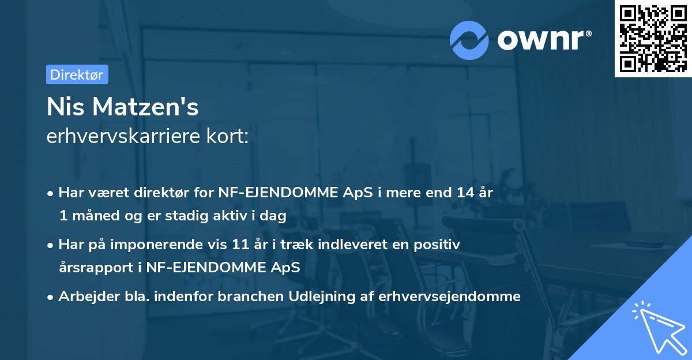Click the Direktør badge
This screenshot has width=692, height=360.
(77, 74)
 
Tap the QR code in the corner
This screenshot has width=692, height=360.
(653, 38)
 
